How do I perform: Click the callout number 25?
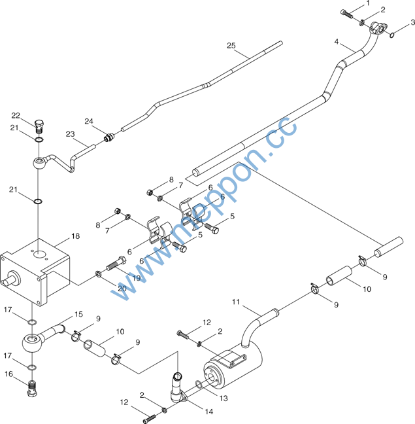(x=231, y=45)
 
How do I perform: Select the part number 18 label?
(x=76, y=236)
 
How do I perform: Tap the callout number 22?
(x=16, y=115)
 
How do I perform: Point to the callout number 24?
(x=89, y=121)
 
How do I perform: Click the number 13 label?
(x=224, y=398)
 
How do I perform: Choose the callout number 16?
(x=8, y=374)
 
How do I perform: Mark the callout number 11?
(x=236, y=302)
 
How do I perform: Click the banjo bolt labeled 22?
(x=39, y=126)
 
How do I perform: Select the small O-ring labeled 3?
(x=392, y=35)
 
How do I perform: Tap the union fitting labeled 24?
(x=109, y=137)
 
